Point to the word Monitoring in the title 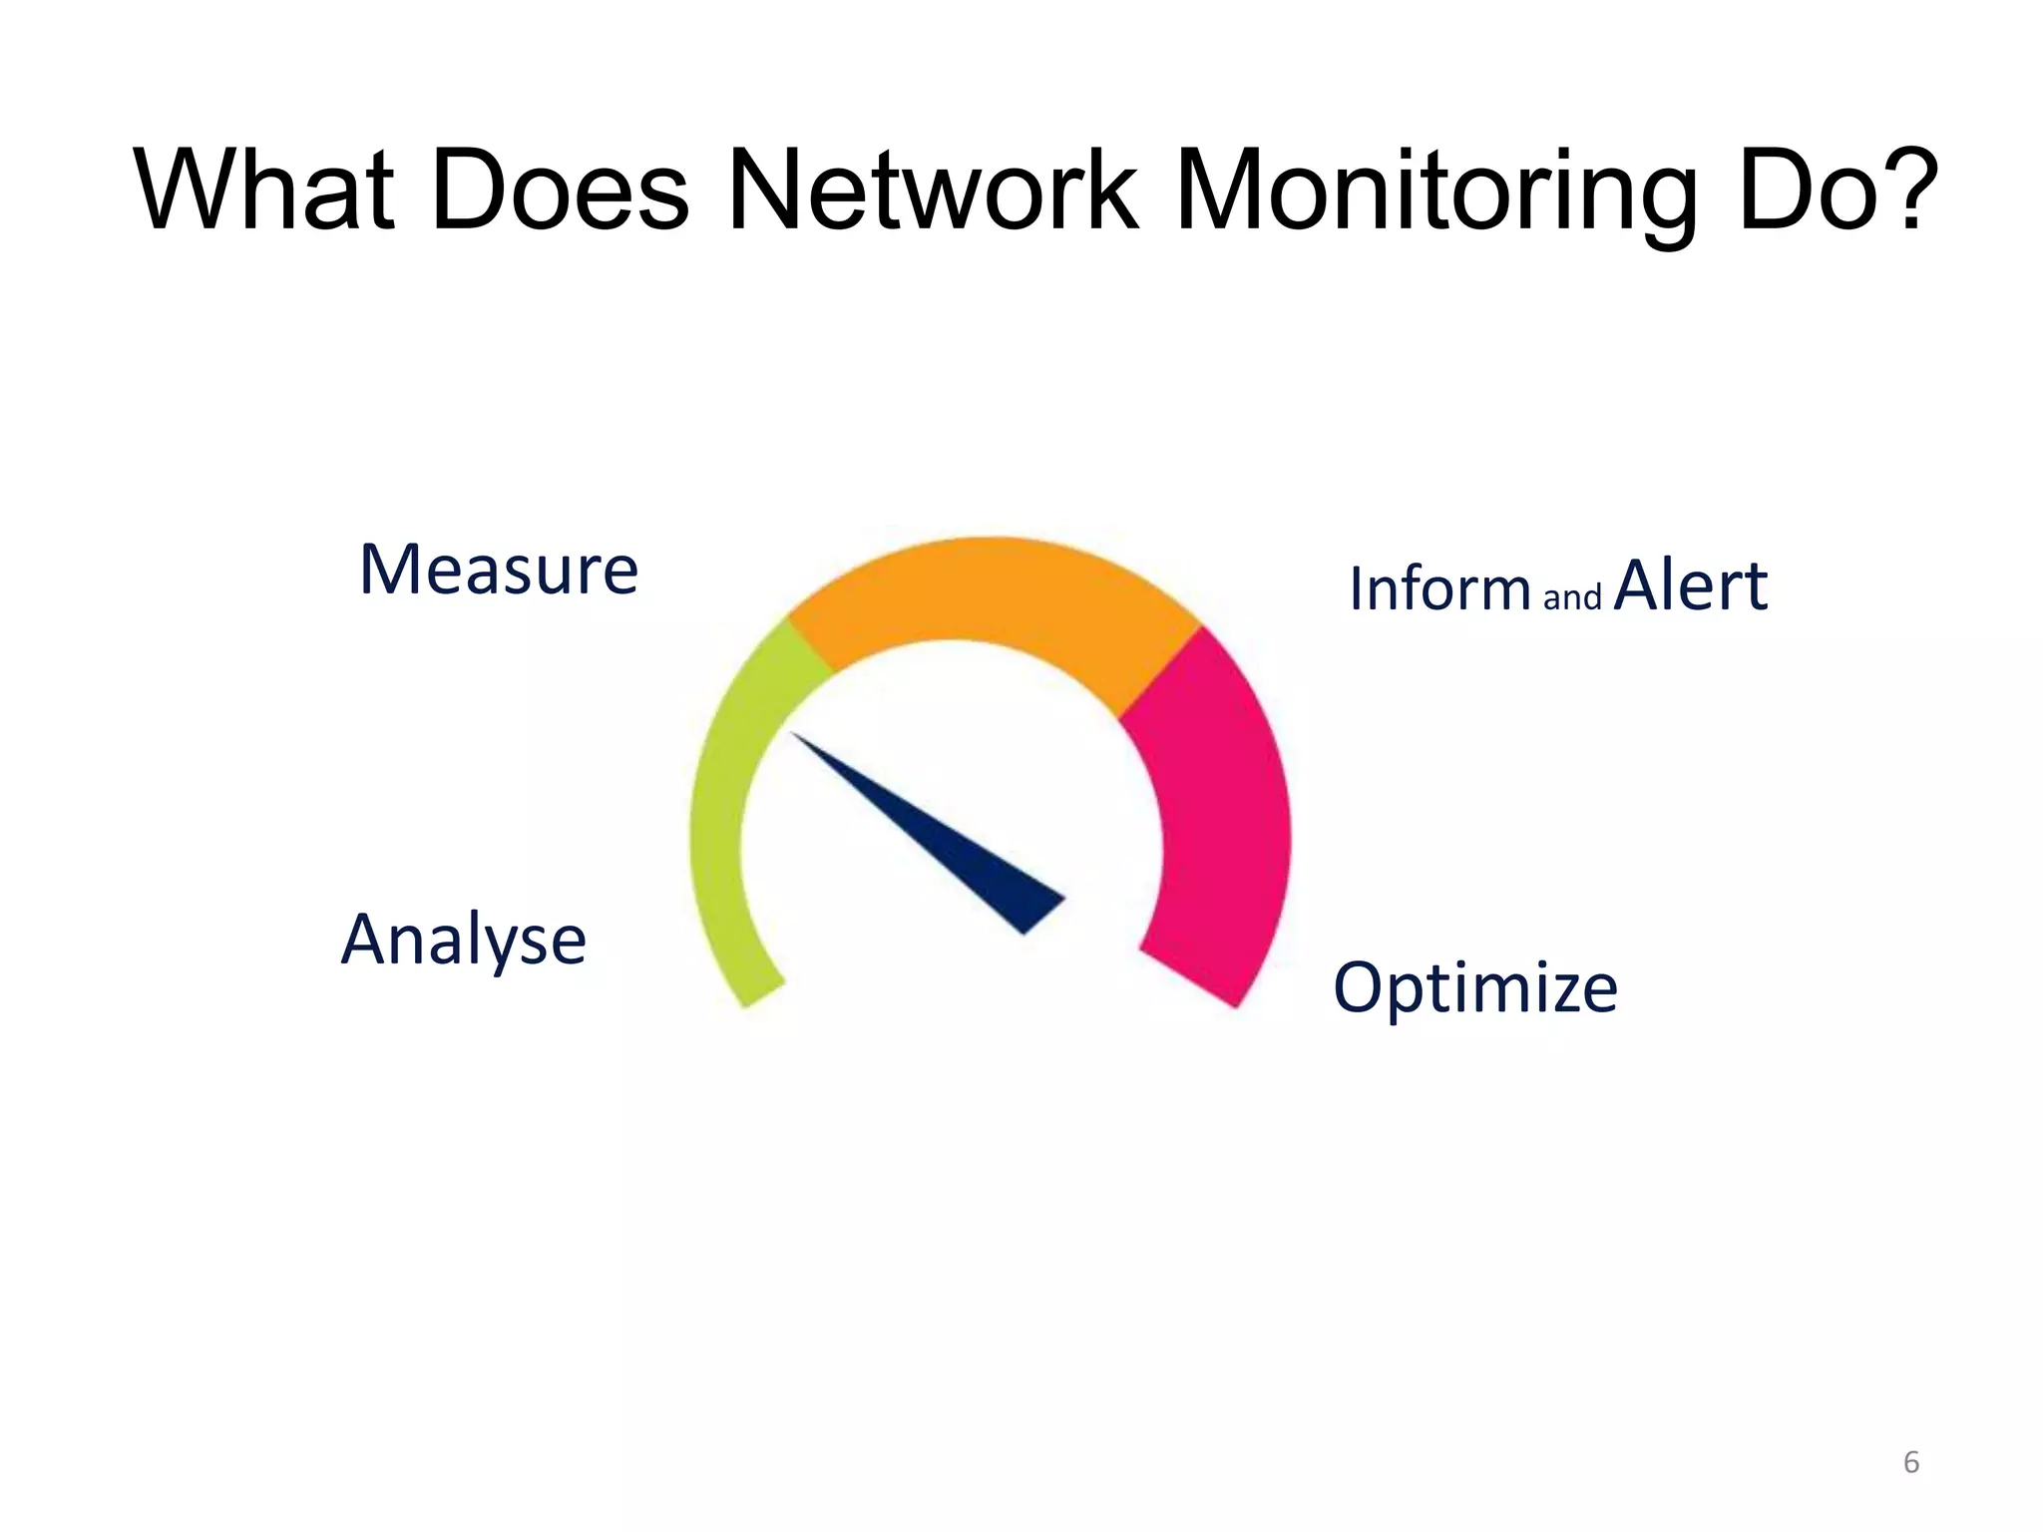click(x=1436, y=191)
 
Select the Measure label click(x=499, y=571)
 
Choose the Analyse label click(x=464, y=941)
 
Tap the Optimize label click(x=1475, y=988)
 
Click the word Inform click(x=1439, y=588)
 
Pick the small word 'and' click(x=1572, y=597)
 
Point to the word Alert click(x=1691, y=586)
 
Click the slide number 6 click(x=1911, y=1462)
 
